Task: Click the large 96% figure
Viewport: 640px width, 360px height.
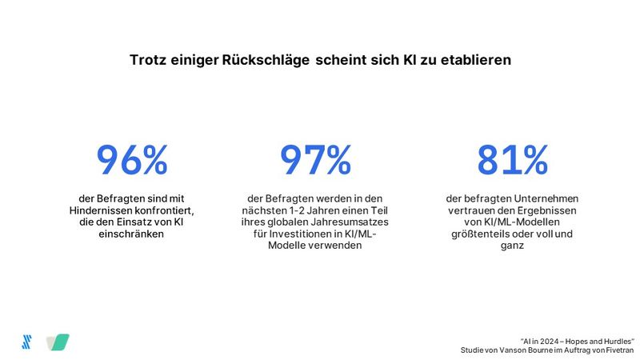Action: tap(132, 160)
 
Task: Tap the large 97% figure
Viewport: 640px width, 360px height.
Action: tap(315, 160)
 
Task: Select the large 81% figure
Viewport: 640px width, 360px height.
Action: tap(512, 160)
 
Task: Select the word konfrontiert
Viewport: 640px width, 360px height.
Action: tap(165, 210)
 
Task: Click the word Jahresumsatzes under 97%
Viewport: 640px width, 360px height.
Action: tap(349, 222)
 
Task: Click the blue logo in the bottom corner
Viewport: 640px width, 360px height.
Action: tap(26, 341)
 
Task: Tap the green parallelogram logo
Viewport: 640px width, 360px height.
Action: tap(58, 342)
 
